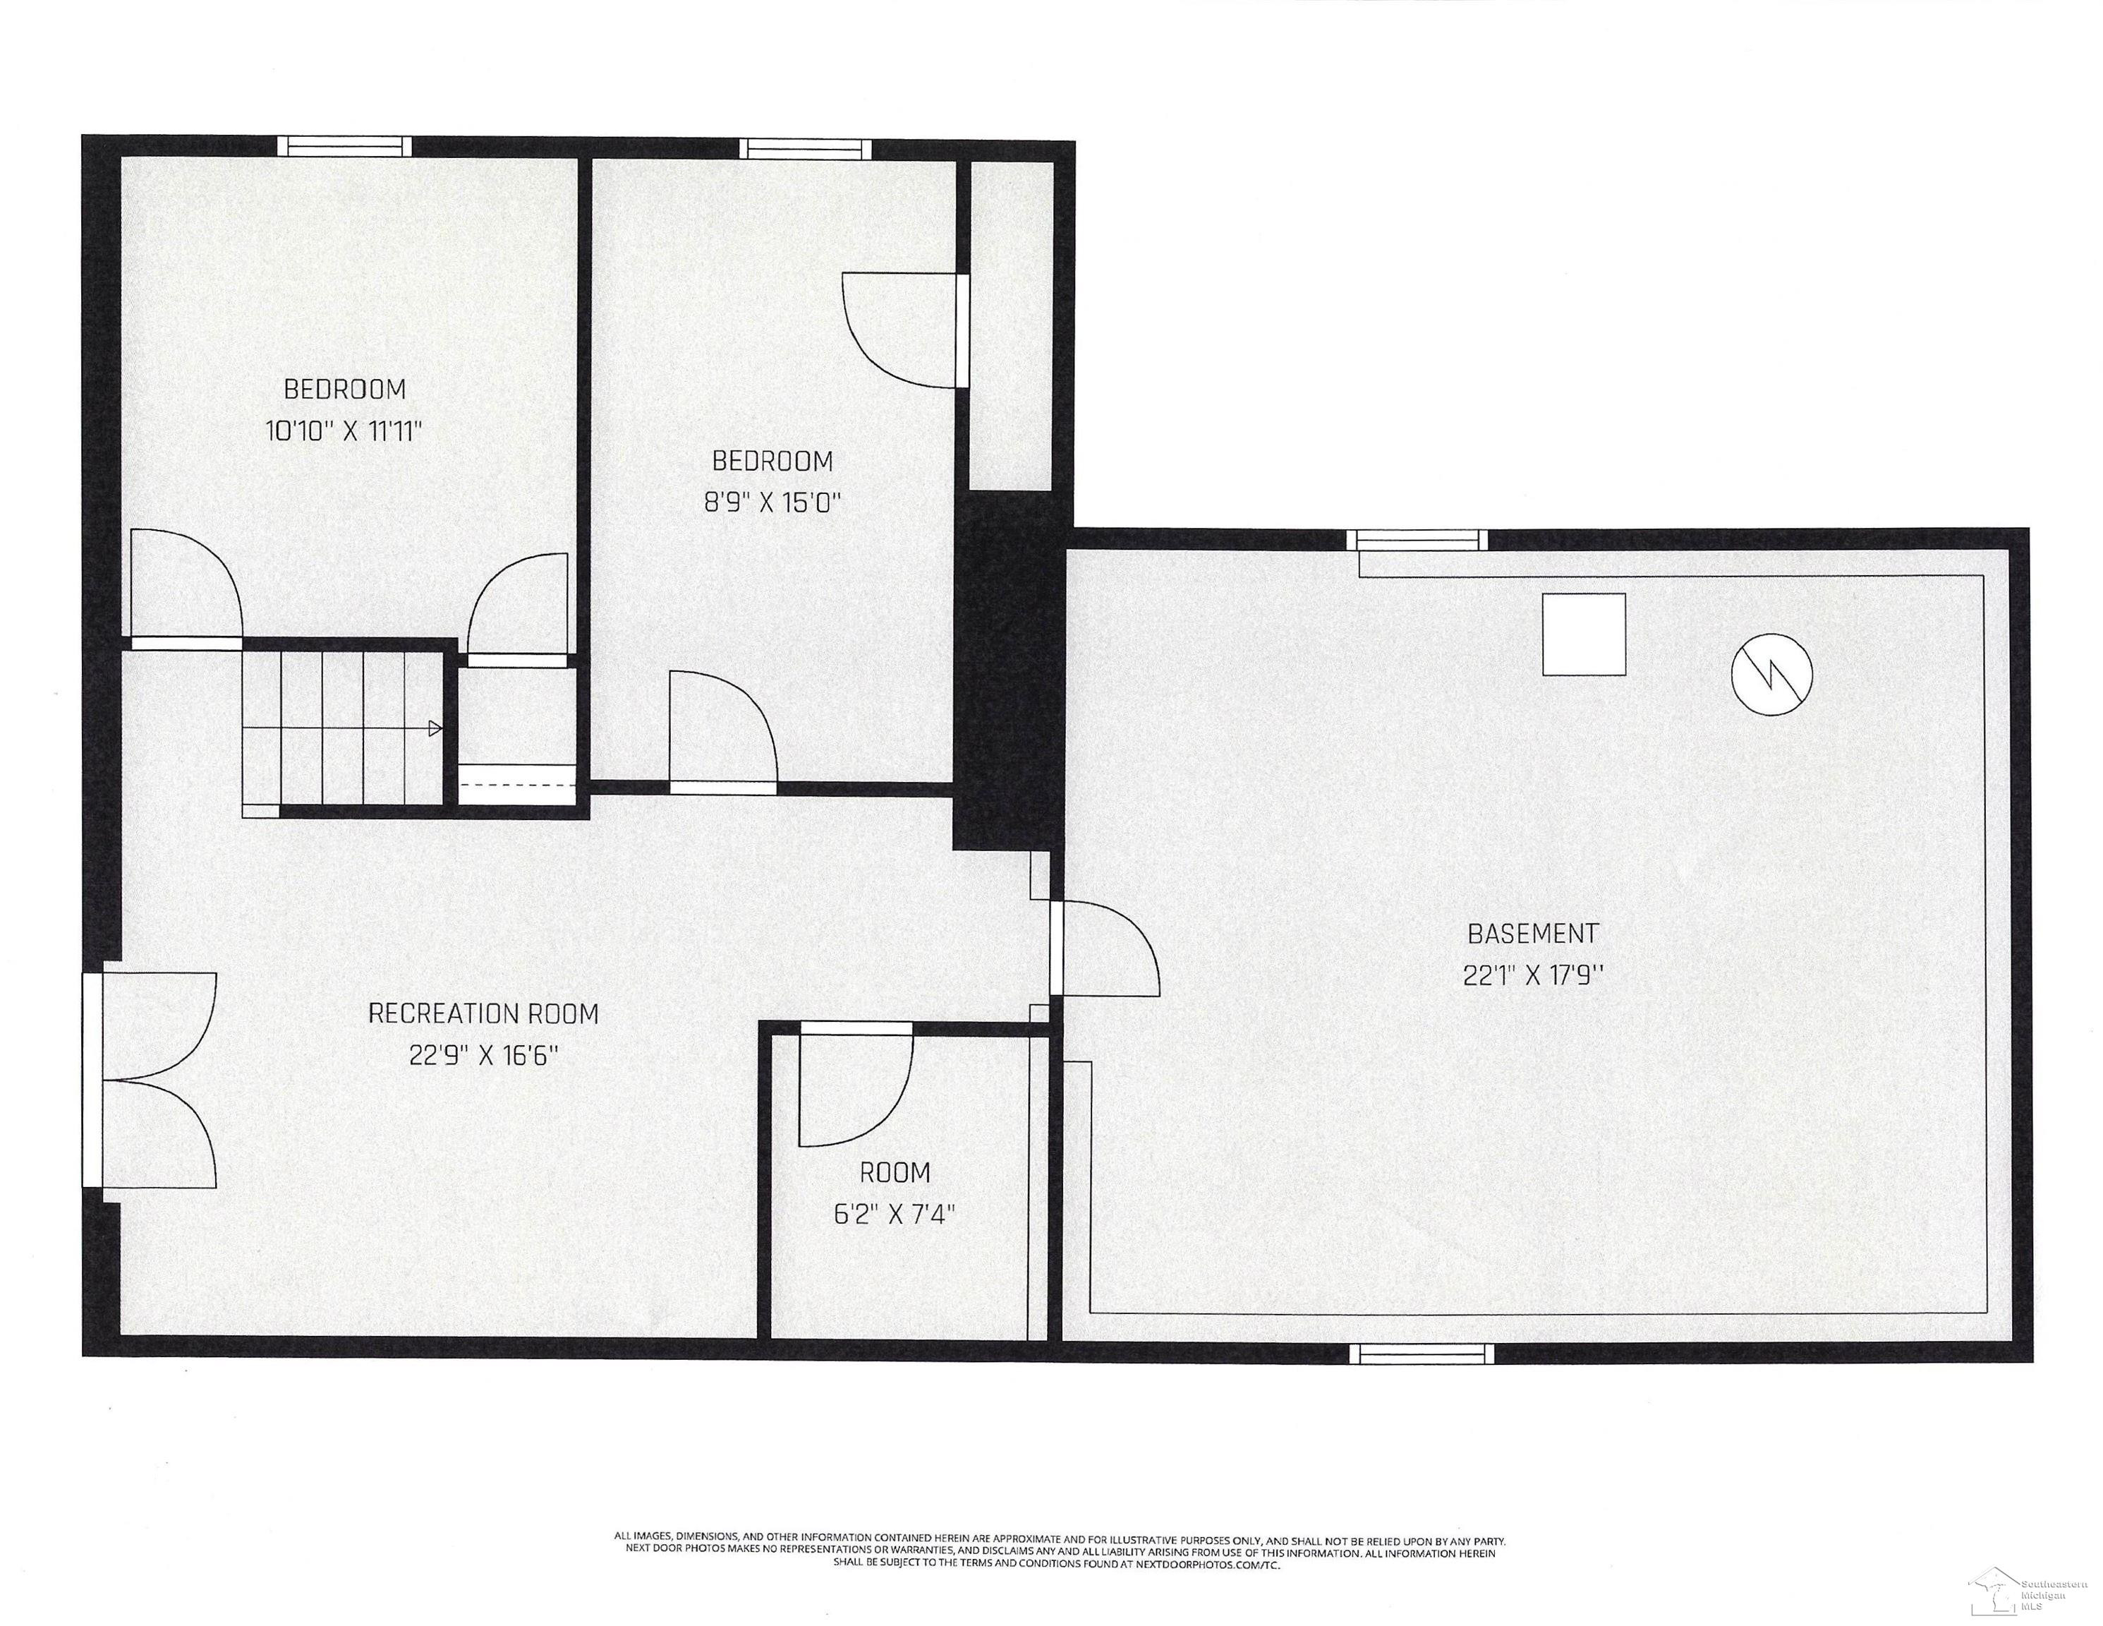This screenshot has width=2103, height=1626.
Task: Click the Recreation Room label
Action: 483,1013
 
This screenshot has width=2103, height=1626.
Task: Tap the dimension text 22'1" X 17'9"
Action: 1533,976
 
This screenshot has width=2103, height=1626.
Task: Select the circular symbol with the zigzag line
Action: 1771,674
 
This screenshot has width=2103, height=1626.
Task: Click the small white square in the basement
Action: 1584,634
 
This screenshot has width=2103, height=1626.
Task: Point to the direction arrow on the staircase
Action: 435,728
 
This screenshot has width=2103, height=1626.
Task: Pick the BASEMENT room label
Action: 1533,934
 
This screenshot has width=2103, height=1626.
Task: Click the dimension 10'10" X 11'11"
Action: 344,430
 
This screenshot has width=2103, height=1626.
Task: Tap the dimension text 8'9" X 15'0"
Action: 772,502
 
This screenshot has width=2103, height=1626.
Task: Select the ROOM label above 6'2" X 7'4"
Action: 895,1172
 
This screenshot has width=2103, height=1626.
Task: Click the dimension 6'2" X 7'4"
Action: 895,1214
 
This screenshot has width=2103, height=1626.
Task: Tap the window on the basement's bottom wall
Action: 1422,1354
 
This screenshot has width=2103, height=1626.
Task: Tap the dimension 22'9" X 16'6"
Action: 483,1056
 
